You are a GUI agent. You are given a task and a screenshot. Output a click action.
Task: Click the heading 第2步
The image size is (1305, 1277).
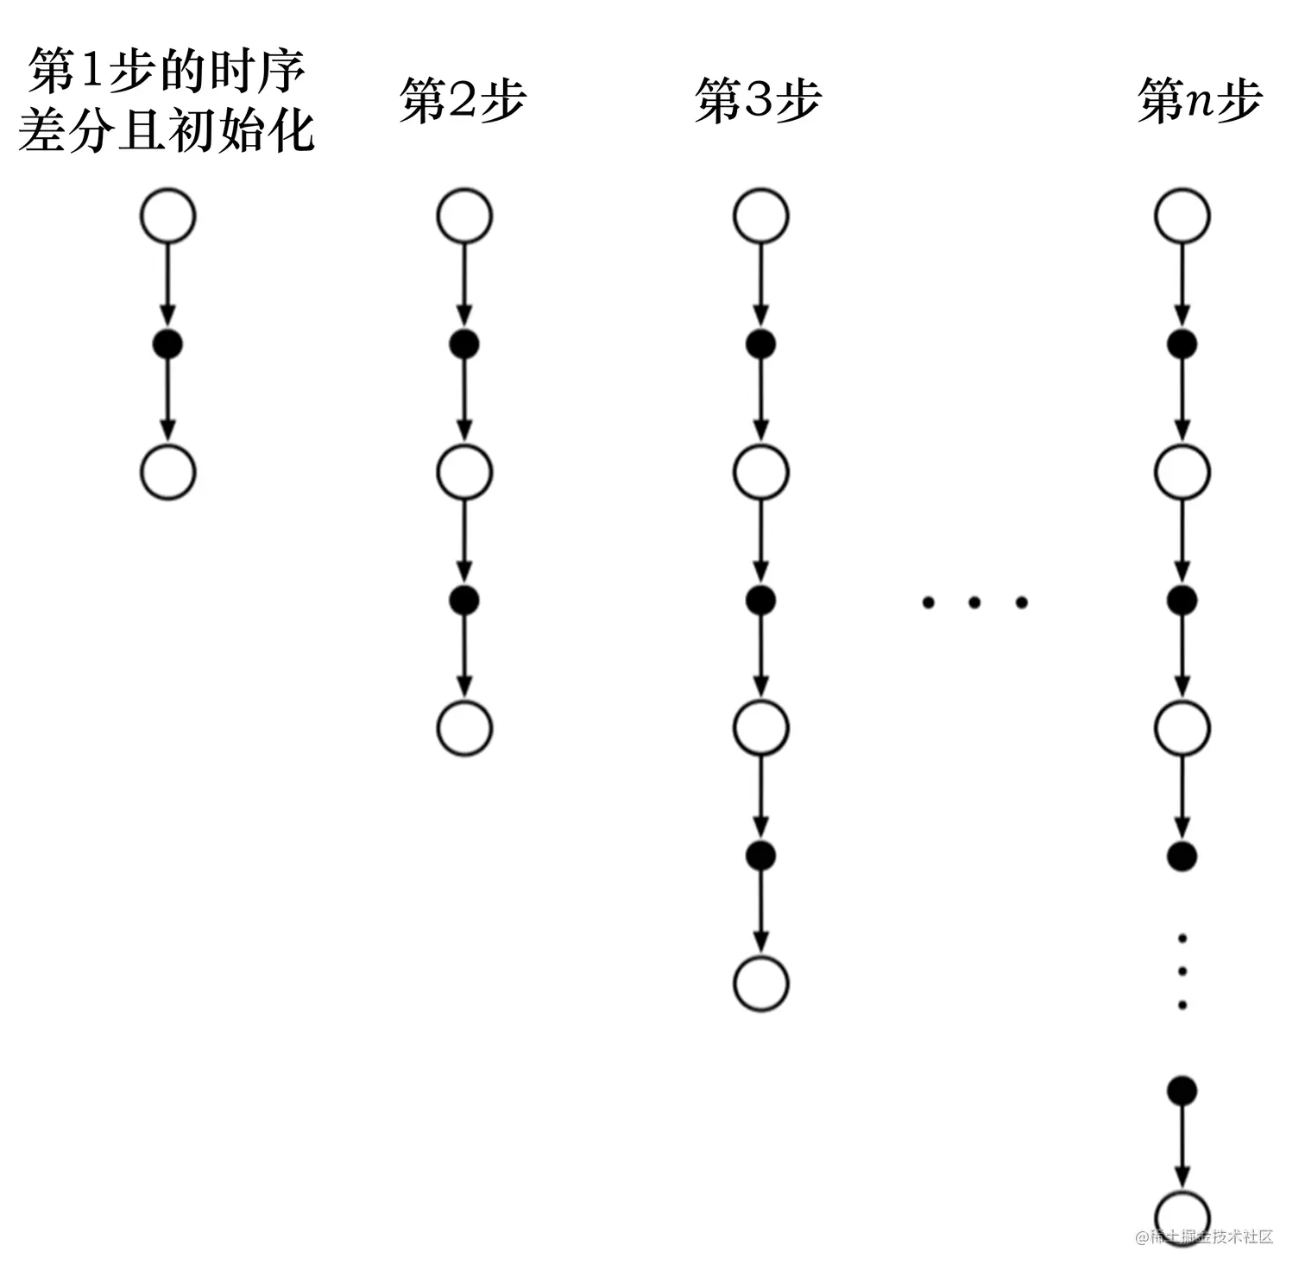click(462, 101)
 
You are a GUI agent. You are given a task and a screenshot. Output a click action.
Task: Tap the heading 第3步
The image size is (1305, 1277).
click(758, 101)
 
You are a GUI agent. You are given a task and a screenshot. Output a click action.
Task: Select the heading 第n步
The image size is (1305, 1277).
click(1200, 101)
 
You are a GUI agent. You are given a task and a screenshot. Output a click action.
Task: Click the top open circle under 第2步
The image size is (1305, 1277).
click(464, 216)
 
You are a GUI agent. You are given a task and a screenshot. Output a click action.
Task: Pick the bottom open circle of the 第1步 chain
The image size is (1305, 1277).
click(168, 472)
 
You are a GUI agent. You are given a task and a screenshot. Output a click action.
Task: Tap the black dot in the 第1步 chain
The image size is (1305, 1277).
click(167, 345)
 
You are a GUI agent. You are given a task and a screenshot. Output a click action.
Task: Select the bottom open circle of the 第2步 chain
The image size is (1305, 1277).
click(464, 728)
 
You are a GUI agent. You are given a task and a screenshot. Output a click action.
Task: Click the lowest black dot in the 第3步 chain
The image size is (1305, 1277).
click(760, 855)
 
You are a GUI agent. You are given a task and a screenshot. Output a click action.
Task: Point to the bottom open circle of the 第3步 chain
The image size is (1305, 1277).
click(760, 984)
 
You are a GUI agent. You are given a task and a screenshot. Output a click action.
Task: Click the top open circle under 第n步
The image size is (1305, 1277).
click(1182, 216)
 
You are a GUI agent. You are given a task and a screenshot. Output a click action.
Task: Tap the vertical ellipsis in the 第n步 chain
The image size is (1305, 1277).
click(1182, 972)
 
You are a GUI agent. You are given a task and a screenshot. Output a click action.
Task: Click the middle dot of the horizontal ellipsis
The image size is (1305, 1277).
click(974, 602)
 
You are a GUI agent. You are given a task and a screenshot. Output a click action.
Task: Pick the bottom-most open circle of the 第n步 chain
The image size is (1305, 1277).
click(1182, 1217)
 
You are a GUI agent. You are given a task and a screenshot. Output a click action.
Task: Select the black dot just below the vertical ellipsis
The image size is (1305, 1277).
click(1182, 1091)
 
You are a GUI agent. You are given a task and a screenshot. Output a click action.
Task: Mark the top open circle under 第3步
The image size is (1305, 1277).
click(760, 216)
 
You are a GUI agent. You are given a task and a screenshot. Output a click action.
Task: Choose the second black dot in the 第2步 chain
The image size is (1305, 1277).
click(464, 600)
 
